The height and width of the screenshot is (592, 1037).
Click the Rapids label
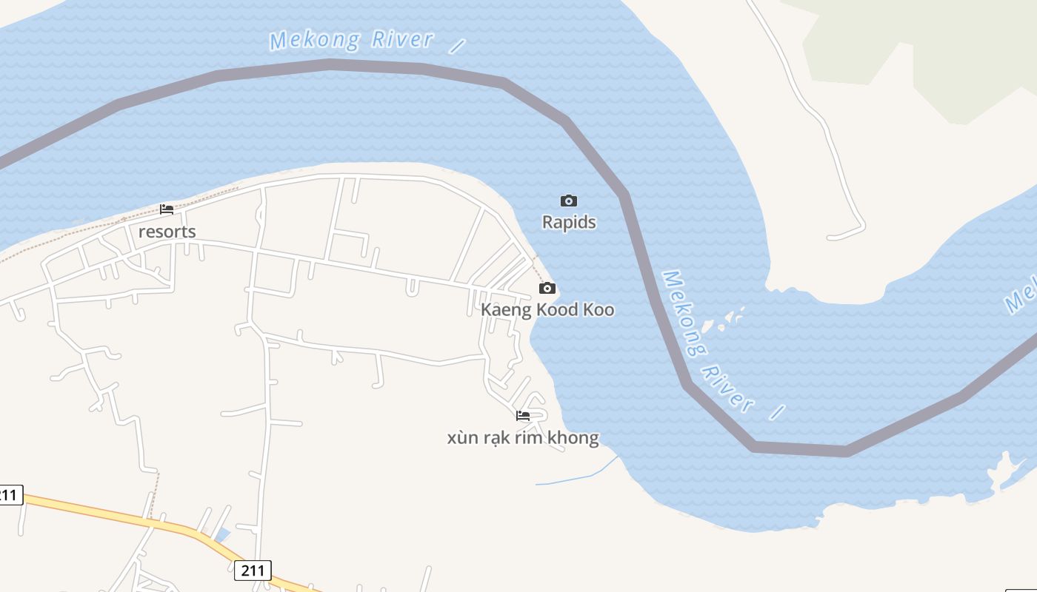tap(569, 222)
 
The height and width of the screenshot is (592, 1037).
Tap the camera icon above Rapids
tap(569, 201)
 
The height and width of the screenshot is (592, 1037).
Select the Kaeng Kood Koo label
tap(547, 309)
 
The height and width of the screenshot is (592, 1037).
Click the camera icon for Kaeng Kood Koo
tap(547, 288)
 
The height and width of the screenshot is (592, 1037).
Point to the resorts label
tap(167, 232)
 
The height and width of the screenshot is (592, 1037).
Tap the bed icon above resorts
tap(167, 209)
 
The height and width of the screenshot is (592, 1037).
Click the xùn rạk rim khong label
tap(523, 437)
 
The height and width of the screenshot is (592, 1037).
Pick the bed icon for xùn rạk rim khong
tap(523, 416)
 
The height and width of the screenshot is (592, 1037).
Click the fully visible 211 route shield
tap(253, 571)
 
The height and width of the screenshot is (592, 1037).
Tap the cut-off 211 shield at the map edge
tap(10, 494)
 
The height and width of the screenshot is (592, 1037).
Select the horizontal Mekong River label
tap(351, 39)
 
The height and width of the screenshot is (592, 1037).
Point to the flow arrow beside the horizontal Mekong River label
tap(457, 47)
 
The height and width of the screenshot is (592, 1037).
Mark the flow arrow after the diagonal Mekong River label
tap(776, 413)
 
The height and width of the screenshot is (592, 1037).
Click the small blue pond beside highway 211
tap(221, 535)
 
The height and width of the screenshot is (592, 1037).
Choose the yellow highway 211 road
tap(111, 514)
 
